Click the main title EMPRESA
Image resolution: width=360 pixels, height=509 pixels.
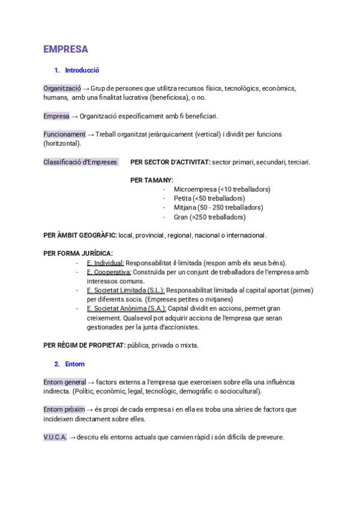(x=66, y=49)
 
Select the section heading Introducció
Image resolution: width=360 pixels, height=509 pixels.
(x=82, y=70)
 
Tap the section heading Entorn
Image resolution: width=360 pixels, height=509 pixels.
(x=75, y=364)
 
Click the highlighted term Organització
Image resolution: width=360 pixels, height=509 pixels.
(x=62, y=88)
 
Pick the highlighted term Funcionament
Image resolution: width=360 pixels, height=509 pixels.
(x=64, y=134)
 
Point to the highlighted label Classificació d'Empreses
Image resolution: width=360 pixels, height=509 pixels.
(x=80, y=162)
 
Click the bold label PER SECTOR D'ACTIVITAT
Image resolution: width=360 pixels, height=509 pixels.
(x=170, y=162)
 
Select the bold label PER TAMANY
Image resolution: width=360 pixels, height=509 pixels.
(x=152, y=180)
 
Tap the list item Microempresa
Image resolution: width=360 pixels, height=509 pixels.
(x=222, y=189)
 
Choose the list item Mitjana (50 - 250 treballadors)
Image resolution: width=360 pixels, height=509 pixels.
(x=218, y=208)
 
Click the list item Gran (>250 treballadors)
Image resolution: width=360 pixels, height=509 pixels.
(x=209, y=217)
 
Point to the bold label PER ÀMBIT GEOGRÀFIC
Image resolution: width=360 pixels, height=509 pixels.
(x=80, y=235)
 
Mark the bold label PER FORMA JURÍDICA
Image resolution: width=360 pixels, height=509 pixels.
(x=78, y=253)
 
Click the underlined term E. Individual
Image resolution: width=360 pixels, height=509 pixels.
(x=105, y=263)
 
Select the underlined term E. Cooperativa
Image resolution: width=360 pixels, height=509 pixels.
(x=109, y=272)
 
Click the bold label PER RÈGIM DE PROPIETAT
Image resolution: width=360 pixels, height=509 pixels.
(x=84, y=345)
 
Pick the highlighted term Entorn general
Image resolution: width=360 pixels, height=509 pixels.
(x=65, y=382)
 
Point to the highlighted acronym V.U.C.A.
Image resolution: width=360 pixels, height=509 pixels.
(x=55, y=437)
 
